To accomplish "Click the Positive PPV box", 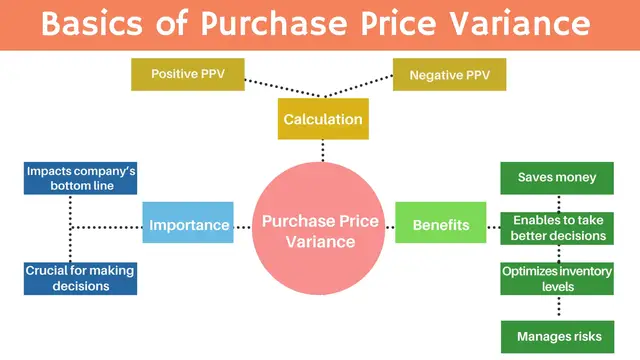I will click(187, 74).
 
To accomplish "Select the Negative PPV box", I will click(450, 74).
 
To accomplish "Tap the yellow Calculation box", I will click(322, 120).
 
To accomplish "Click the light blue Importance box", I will click(188, 225).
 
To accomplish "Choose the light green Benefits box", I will click(440, 225).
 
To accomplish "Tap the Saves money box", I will click(557, 178).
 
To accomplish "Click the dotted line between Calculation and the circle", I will click(322, 149).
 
